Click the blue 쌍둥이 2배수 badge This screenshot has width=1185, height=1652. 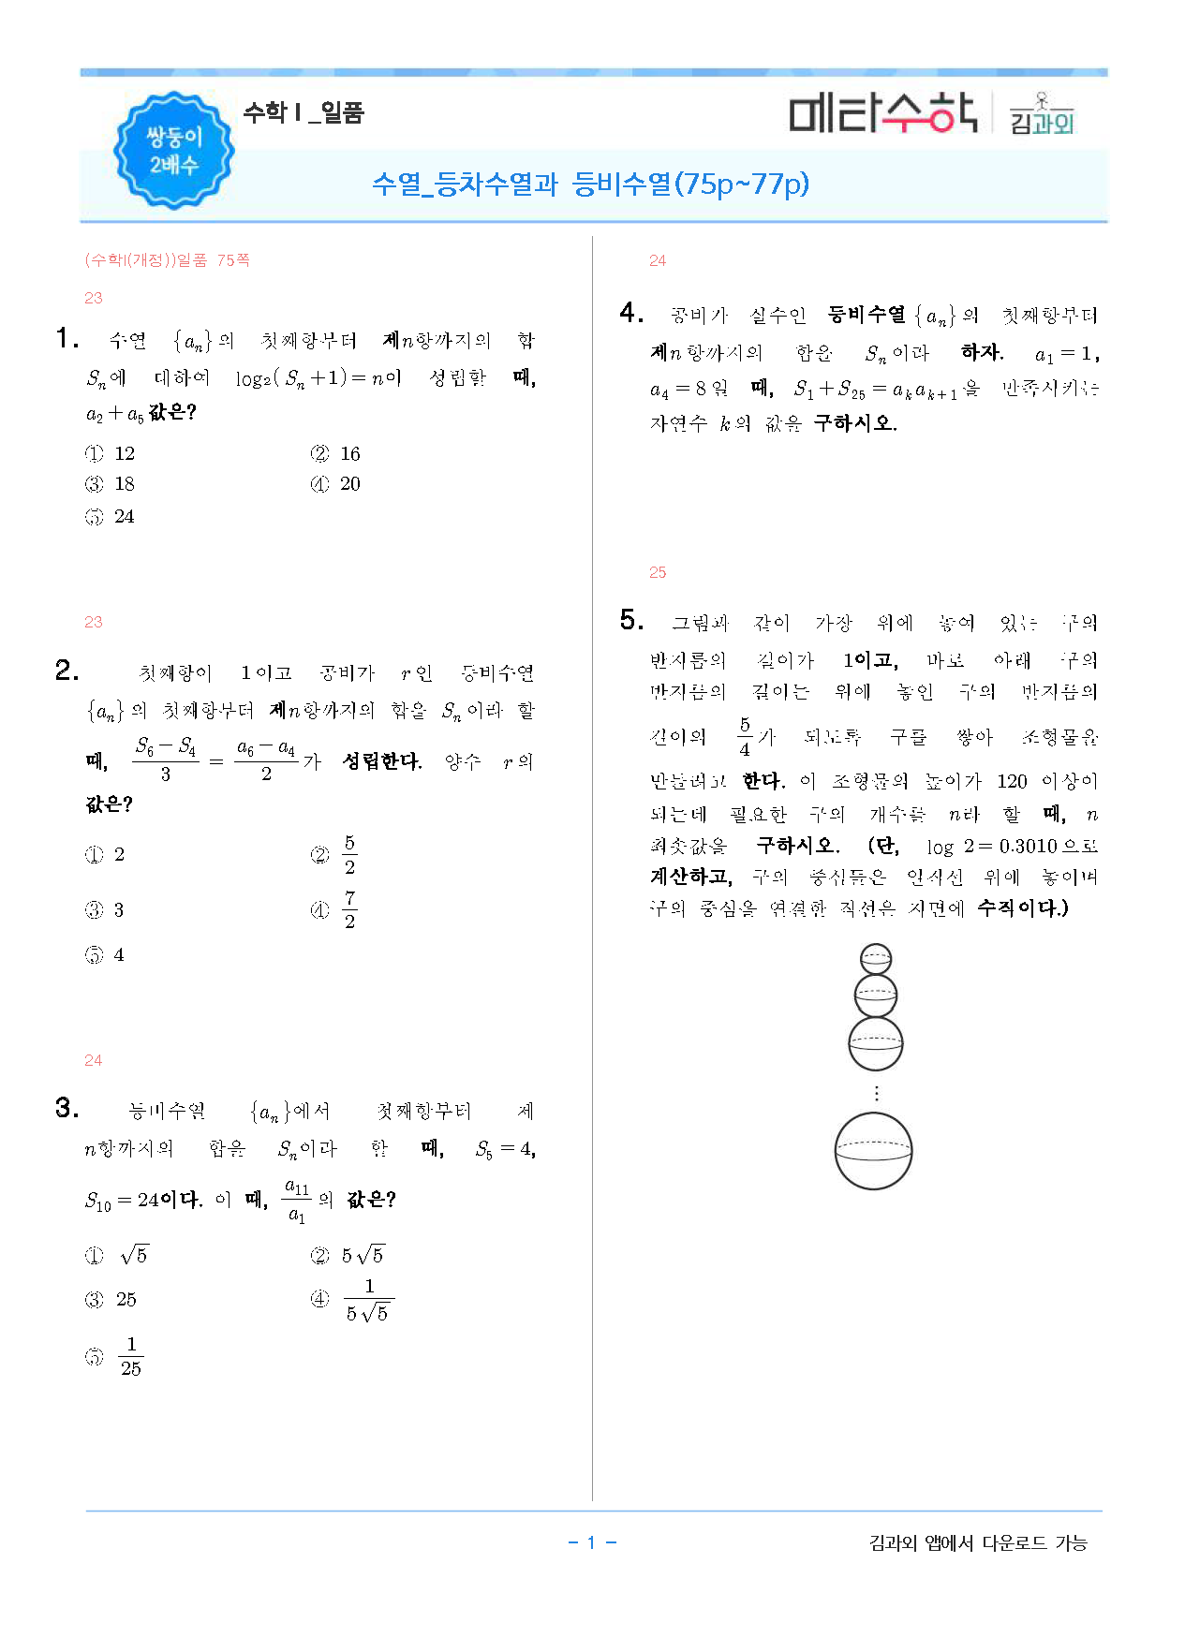coord(173,150)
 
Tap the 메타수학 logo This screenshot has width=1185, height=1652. coord(882,113)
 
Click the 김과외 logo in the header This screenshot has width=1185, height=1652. coord(1042,115)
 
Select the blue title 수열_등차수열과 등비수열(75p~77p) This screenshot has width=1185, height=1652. coord(590,184)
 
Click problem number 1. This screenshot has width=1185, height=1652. coord(67,338)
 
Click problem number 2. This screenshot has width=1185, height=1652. coord(67,671)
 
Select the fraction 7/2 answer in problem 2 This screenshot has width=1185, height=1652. coord(349,909)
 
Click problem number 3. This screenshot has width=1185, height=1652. coord(67,1108)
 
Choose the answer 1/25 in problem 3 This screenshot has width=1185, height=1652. coord(131,1356)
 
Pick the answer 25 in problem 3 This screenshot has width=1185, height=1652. coord(126,1300)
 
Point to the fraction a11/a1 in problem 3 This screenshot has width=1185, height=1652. coord(296,1201)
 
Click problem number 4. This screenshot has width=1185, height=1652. coord(631,313)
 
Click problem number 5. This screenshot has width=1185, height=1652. coord(631,620)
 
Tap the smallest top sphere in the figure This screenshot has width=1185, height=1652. coord(875,959)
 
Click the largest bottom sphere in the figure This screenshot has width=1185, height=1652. coord(873,1151)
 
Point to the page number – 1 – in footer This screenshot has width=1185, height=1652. coord(592,1542)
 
